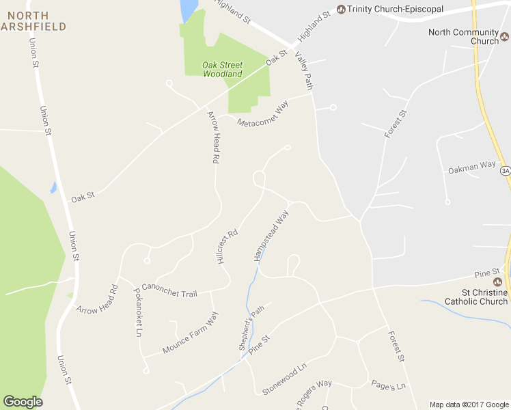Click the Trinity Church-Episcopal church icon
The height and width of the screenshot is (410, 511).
coord(341,9)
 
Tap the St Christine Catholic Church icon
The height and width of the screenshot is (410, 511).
coord(497,282)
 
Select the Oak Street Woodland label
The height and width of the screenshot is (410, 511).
coord(222,69)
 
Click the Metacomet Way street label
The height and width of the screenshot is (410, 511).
coord(263,113)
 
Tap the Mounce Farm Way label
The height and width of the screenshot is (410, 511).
coord(190,333)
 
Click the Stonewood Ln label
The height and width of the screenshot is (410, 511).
coord(285,381)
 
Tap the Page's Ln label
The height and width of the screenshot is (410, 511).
coord(388,385)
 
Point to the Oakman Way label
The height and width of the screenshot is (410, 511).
coord(471,165)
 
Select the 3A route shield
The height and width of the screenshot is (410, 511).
coord(505,170)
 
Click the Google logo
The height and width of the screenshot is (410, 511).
coord(23,401)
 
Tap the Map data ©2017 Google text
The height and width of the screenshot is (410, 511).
coord(469,405)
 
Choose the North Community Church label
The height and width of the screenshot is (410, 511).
coord(463,36)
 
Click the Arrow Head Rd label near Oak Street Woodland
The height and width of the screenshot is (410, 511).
coord(214,137)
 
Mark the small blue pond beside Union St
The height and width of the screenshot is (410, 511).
coord(53,187)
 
